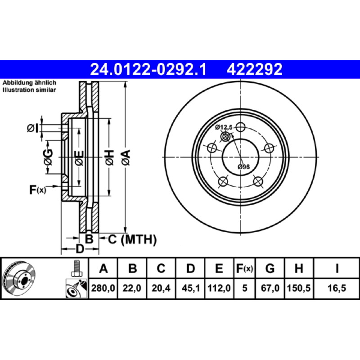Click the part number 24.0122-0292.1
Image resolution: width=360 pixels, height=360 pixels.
coord(148,69)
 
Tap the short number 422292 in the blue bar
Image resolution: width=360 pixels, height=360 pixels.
coord(254,69)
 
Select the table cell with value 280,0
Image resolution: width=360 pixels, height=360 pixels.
coord(103,288)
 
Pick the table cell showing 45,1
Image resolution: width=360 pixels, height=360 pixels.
coord(190,288)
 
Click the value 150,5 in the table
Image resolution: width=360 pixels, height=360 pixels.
coord(299,288)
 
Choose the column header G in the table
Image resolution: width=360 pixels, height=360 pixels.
coord(270,268)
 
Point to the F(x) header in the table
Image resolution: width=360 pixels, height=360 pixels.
coord(244,268)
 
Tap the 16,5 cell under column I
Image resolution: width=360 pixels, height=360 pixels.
coord(337,288)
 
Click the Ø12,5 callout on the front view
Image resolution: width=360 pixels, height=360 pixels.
coord(224,127)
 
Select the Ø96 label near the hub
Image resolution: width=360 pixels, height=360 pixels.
coord(243,167)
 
